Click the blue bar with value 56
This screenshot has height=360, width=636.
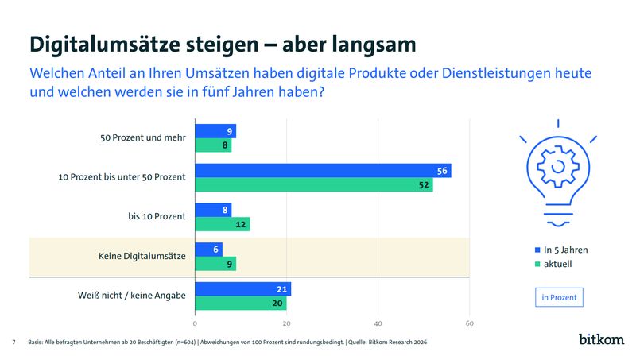click(323, 171)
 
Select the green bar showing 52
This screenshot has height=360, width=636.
click(314, 184)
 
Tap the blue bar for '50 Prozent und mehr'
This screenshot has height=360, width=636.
click(215, 131)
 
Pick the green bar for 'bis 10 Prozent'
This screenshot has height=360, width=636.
click(223, 224)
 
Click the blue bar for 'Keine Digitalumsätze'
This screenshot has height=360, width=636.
click(208, 250)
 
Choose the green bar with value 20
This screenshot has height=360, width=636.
click(240, 303)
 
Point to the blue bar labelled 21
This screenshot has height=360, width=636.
click(242, 289)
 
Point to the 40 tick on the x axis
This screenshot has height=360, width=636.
click(378, 323)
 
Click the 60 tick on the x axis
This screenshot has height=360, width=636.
click(470, 323)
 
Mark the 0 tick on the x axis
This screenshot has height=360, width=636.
click(195, 323)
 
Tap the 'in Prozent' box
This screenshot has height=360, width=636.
click(559, 298)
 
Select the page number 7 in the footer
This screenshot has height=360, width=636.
click(14, 342)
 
